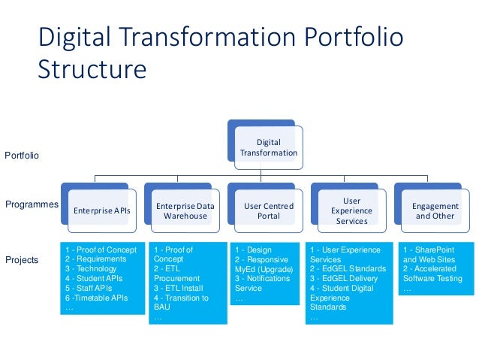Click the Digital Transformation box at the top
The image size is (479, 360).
click(x=268, y=148)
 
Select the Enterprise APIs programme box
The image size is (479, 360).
click(x=101, y=211)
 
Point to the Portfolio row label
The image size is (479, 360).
click(x=22, y=156)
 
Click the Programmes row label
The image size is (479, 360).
click(x=32, y=204)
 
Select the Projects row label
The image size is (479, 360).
click(x=22, y=260)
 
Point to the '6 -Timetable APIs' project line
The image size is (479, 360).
click(x=97, y=298)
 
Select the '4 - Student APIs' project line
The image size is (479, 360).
click(x=93, y=278)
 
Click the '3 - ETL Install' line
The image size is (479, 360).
click(x=179, y=288)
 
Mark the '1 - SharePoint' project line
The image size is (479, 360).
click(x=429, y=250)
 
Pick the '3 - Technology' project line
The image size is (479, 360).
click(x=92, y=268)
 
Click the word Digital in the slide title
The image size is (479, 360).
click(x=74, y=37)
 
